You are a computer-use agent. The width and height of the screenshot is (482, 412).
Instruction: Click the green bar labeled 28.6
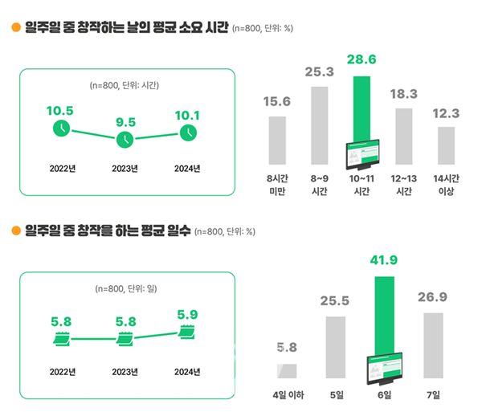(x=361, y=108)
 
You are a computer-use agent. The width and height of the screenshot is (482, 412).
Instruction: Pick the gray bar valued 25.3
(x=319, y=125)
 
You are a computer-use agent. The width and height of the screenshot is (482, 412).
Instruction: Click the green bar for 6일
(x=384, y=316)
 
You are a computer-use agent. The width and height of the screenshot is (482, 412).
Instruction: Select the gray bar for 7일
(x=433, y=345)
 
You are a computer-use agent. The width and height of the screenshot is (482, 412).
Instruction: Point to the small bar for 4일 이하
(x=287, y=371)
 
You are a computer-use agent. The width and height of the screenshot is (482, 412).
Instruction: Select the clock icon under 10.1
(x=187, y=132)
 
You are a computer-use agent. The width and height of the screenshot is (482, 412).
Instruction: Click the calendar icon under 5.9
(x=187, y=331)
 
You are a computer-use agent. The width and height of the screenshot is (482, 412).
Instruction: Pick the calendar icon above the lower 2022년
(x=61, y=341)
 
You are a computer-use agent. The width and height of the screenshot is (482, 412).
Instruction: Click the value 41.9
(x=384, y=260)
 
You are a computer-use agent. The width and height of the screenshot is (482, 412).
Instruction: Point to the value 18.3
(x=403, y=94)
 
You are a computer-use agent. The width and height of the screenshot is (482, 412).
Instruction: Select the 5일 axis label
(x=334, y=395)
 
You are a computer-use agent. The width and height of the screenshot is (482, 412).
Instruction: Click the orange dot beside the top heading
(x=14, y=29)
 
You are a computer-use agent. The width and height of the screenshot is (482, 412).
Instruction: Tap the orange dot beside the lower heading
(x=14, y=231)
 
